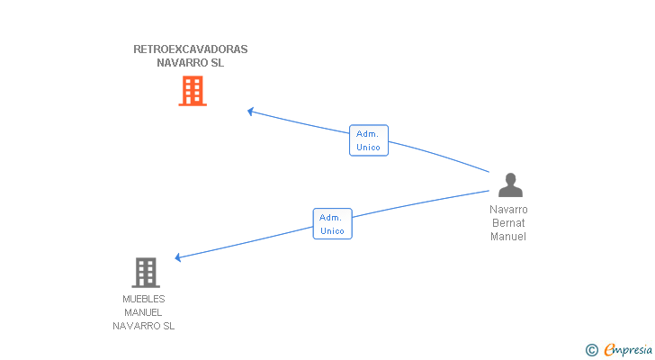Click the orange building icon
click(193, 91)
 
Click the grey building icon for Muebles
click(146, 273)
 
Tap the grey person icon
click(510, 184)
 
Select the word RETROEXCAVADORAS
click(191, 49)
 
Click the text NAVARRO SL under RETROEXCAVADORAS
click(191, 63)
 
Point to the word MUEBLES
click(144, 299)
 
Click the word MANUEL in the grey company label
click(143, 312)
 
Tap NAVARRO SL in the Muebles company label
click(143, 326)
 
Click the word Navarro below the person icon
click(508, 209)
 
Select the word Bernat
click(508, 222)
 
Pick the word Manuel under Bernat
click(508, 237)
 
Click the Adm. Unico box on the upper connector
click(369, 140)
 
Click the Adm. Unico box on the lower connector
click(333, 224)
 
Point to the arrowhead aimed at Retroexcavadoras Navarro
click(250, 112)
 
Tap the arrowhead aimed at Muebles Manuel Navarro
click(177, 257)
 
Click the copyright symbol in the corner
click(591, 350)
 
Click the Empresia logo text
click(628, 349)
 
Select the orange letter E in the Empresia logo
click(609, 350)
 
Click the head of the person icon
click(510, 179)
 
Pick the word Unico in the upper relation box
click(369, 148)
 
